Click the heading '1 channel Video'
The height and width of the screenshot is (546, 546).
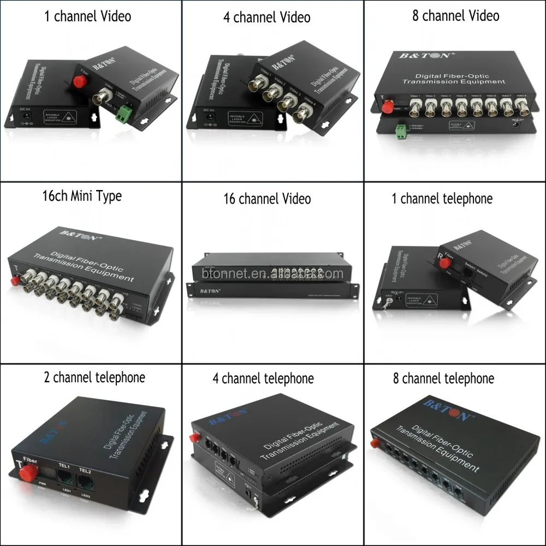tap(87, 16)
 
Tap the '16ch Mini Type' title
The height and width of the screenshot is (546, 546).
tap(81, 197)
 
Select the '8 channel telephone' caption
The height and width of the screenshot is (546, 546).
tap(443, 378)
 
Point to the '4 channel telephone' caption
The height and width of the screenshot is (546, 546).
tap(263, 378)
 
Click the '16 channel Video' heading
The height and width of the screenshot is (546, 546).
tap(267, 198)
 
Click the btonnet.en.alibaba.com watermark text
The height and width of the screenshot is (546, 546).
tap(272, 273)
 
